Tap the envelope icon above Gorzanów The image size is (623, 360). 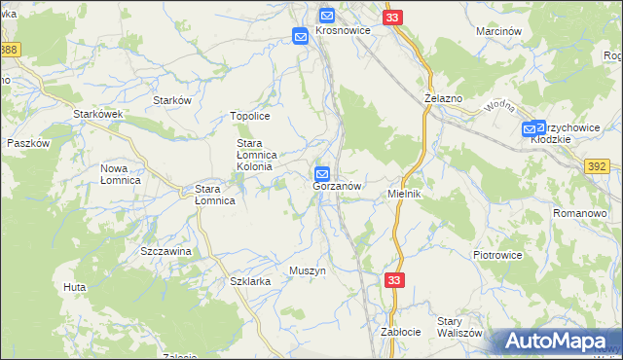tap(322, 174)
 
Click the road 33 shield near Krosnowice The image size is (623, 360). tap(392, 18)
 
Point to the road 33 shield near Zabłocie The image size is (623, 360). tap(393, 280)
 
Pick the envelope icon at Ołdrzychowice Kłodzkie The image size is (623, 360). tap(532, 128)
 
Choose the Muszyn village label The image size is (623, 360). tap(307, 270)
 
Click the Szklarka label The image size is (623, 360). tap(250, 280)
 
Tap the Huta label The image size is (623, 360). tap(75, 287)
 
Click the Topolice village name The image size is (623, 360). tap(249, 117)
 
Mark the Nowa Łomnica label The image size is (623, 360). tap(121, 174)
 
